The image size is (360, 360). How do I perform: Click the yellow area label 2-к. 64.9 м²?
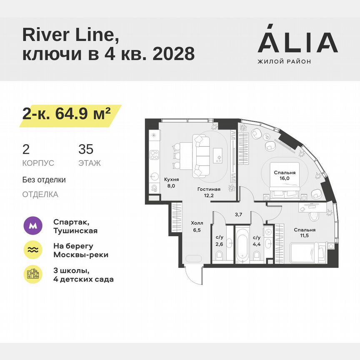pos(67,113)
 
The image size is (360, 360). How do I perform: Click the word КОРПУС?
pos(38,163)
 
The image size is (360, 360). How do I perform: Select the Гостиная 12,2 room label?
pos(208,191)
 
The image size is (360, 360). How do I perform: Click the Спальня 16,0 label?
pos(285,175)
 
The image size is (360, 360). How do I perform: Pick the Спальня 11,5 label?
pos(304,232)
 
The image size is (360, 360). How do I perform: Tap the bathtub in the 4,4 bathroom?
pos(242,246)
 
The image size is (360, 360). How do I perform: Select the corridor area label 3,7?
pos(238,215)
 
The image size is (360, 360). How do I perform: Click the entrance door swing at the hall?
pos(192,274)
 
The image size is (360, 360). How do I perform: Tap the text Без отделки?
pos(44,180)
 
